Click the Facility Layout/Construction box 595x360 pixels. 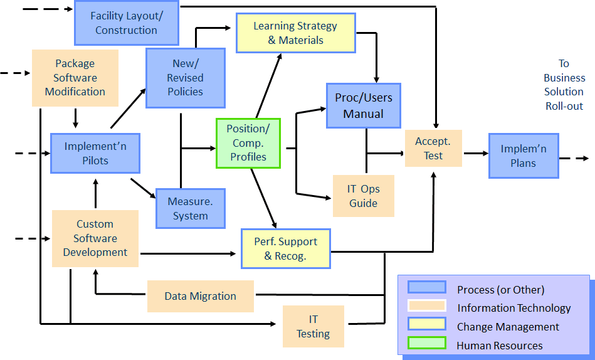[126, 23]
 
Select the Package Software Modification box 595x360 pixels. [75, 78]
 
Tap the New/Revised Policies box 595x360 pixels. [185, 78]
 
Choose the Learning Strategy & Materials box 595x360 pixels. [295, 33]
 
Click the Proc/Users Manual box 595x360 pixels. [363, 107]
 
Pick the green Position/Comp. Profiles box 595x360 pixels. [248, 143]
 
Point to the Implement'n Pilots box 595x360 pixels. [95, 153]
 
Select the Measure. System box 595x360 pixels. [190, 209]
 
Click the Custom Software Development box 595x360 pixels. [95, 238]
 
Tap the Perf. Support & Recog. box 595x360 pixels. [285, 249]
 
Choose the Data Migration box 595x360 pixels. [201, 296]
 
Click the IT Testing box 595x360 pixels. [313, 326]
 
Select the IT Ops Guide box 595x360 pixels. [363, 196]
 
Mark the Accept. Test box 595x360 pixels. [433, 149]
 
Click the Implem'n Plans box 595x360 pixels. [523, 156]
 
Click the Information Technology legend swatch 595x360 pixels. [426, 306]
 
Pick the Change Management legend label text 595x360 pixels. [508, 327]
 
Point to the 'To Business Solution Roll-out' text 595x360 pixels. [564, 85]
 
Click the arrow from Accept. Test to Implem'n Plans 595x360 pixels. [475, 153]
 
